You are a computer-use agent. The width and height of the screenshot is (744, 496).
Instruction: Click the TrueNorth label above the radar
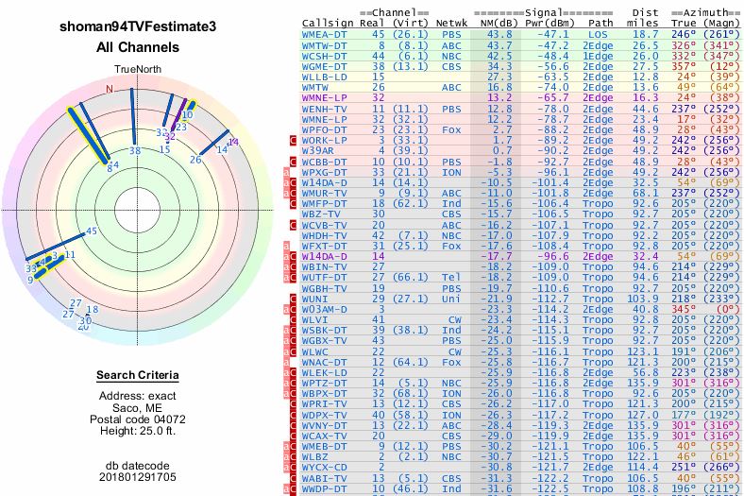(138, 69)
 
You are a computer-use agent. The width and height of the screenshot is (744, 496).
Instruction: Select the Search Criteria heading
(138, 376)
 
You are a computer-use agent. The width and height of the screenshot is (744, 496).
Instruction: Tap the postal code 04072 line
(138, 419)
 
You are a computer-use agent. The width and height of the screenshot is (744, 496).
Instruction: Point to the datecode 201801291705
(138, 477)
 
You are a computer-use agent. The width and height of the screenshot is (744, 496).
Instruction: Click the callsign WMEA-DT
(324, 33)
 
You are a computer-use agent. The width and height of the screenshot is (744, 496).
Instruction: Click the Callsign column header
(323, 23)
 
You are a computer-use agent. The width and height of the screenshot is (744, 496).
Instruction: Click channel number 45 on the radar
(91, 231)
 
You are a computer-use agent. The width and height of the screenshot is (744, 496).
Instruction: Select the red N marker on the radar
(110, 89)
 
